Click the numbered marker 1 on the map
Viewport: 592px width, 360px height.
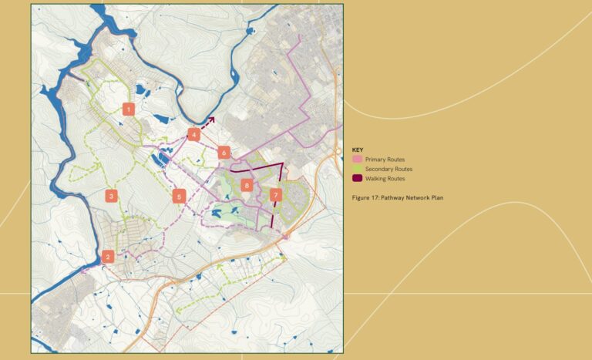click(x=128, y=109)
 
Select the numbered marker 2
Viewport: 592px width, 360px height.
click(x=108, y=257)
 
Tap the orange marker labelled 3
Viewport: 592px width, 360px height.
click(x=112, y=197)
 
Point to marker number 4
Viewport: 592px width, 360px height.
click(x=194, y=134)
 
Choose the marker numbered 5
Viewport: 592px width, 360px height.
click(x=180, y=197)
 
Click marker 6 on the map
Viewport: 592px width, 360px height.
click(x=224, y=153)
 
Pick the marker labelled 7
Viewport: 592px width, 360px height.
click(x=275, y=196)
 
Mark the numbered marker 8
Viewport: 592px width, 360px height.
click(x=247, y=185)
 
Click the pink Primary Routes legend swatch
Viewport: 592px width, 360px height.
click(x=357, y=160)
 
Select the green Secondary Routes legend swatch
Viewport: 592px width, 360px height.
click(x=357, y=169)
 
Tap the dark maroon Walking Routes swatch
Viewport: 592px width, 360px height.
click(x=357, y=179)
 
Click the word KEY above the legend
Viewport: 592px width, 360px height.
click(x=357, y=150)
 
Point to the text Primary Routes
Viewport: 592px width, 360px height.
click(x=385, y=160)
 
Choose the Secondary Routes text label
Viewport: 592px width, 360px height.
click(x=388, y=169)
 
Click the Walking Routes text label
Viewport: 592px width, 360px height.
click(x=385, y=179)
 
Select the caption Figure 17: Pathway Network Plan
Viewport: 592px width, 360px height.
click(x=397, y=198)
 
